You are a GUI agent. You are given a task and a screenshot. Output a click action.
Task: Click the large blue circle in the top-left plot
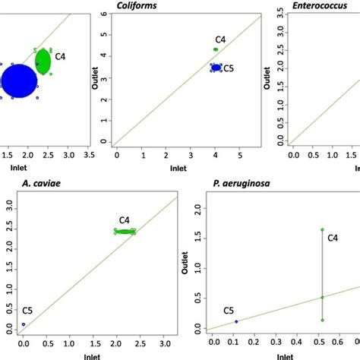19,81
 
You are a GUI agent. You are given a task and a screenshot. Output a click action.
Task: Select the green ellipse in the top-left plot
43,62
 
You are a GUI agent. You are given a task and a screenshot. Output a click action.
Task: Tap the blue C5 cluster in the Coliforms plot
216,68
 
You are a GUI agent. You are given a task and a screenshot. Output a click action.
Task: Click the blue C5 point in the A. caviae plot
24,324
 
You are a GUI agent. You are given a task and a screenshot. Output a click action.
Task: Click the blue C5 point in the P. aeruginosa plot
236,321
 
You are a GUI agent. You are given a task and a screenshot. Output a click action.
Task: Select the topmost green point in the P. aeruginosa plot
322,229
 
